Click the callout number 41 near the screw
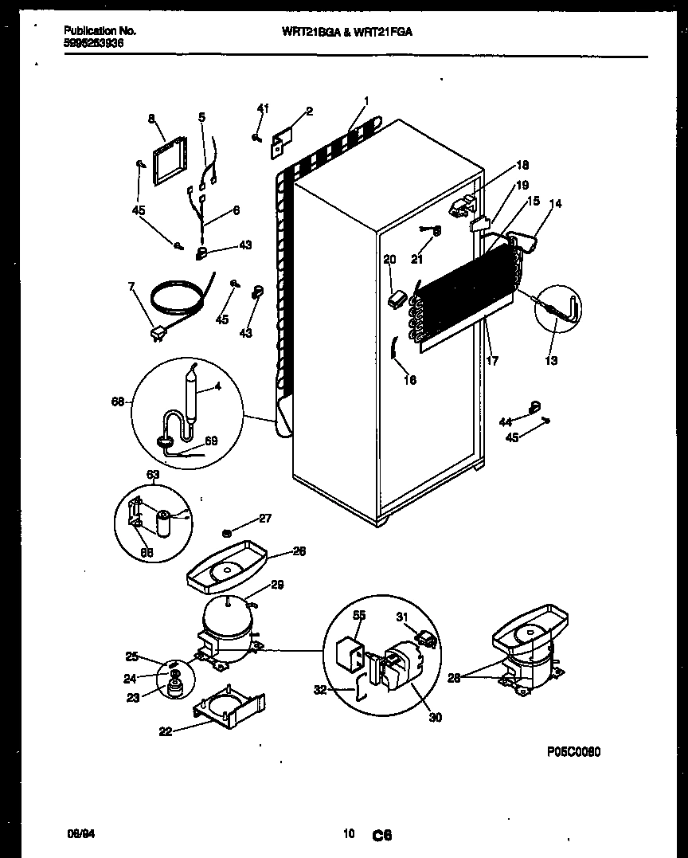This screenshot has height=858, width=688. (263, 108)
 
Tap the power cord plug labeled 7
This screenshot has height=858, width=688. (156, 335)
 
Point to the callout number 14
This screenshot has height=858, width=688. (554, 204)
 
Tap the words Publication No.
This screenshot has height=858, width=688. (100, 30)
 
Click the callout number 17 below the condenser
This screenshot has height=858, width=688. (492, 361)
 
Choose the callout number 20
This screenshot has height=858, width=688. (389, 260)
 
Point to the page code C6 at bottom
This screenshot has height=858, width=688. (381, 835)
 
